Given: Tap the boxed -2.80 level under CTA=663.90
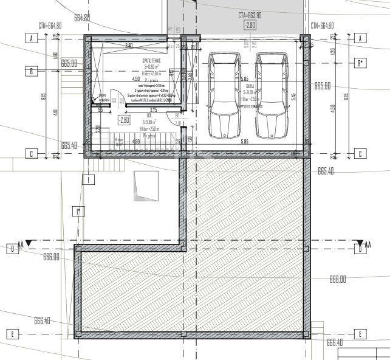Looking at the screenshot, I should [250, 25].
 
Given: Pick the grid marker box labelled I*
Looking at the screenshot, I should [78, 212].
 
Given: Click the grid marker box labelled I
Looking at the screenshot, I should [89, 179].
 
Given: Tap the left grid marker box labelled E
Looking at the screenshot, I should [12, 334].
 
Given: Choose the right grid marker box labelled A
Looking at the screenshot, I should [360, 38].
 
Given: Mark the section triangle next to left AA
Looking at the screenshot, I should [29, 244].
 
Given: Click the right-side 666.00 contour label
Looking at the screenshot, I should [337, 279].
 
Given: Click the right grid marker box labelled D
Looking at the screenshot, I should [360, 247].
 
